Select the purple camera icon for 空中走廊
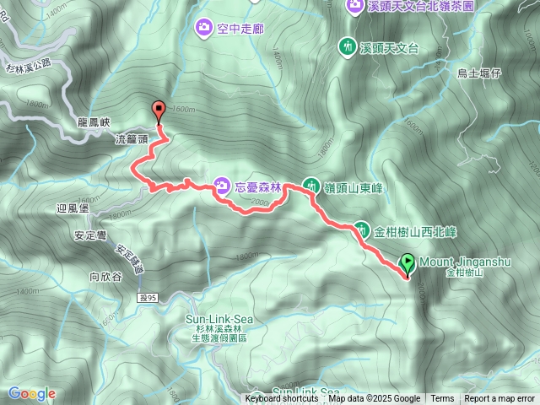(203, 29)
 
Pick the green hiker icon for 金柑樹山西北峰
(361, 229)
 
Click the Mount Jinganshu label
(464, 262)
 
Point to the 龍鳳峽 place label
(94, 121)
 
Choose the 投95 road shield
(148, 297)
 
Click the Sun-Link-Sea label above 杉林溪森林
(219, 319)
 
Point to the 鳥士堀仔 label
(479, 73)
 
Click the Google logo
(31, 393)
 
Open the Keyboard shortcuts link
(282, 399)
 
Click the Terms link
(442, 399)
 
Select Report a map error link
(500, 399)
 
